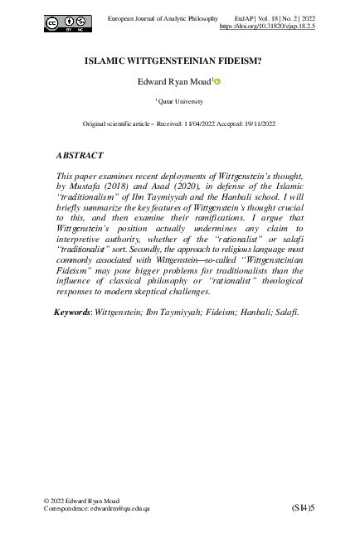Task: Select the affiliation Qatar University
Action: coord(181,101)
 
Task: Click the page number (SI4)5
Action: coord(303,506)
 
